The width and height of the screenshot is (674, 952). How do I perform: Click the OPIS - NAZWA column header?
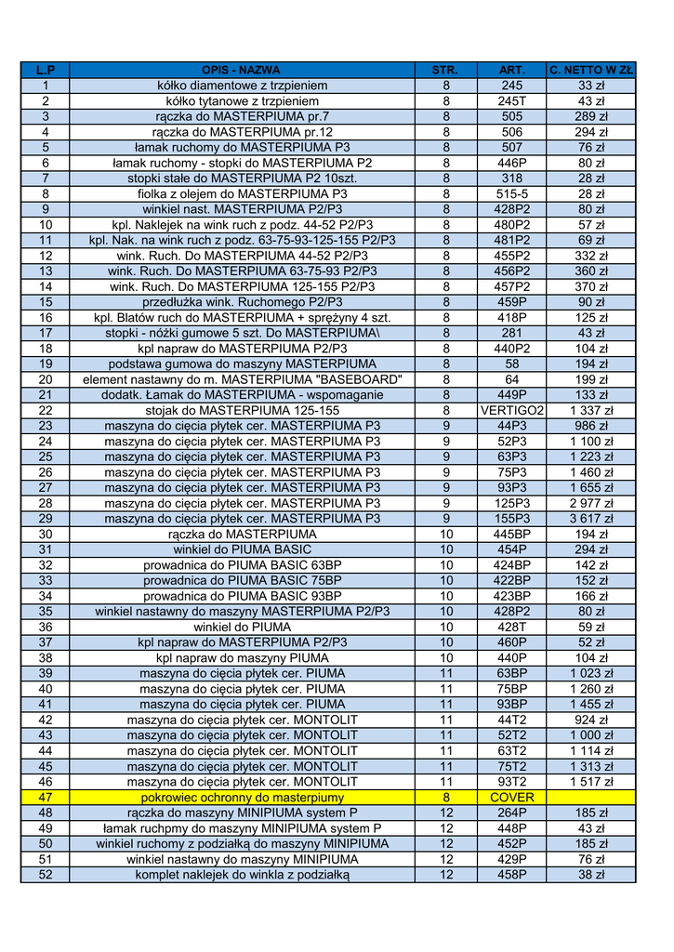point(242,70)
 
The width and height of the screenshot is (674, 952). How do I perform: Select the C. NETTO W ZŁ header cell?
point(591,70)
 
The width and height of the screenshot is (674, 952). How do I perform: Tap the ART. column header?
point(511,70)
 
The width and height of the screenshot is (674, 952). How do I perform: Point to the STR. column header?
point(445,70)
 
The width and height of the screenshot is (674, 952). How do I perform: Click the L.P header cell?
point(45,70)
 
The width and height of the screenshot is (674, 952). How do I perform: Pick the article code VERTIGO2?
point(511,410)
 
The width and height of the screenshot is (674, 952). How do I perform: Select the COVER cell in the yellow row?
point(511,797)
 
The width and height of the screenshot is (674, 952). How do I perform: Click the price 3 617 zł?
point(591,519)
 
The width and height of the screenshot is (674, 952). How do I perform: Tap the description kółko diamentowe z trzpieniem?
point(242,86)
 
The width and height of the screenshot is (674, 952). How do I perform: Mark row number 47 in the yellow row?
point(45,797)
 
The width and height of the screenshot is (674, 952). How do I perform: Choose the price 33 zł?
point(591,86)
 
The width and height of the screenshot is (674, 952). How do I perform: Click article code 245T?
point(511,100)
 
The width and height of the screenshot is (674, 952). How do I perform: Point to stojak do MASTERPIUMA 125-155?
point(242,410)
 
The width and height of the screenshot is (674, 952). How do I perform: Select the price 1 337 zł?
point(591,410)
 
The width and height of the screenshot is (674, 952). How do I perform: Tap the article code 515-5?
point(511,193)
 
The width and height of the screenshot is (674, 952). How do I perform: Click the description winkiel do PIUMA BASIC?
point(242,549)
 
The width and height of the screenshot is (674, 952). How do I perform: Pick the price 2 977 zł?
point(591,503)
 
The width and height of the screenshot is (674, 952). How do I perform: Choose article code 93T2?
point(511,782)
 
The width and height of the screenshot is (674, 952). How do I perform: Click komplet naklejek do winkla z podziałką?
point(242,875)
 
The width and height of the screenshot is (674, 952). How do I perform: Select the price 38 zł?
point(591,875)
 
